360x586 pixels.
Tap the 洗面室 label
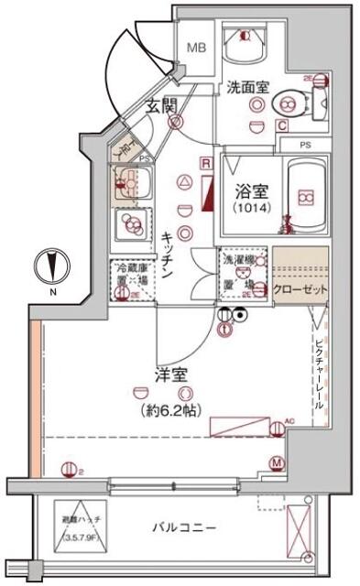click(246, 88)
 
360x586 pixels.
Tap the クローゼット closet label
click(300, 288)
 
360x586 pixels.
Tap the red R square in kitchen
click(207, 164)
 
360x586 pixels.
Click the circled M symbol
click(276, 463)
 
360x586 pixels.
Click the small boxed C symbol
click(282, 125)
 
